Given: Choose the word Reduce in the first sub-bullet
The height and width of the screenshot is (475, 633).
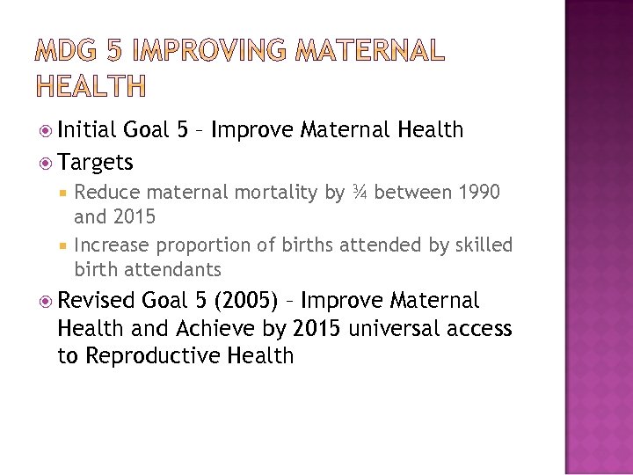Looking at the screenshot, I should click(x=107, y=192).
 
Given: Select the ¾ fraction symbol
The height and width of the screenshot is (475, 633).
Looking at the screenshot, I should click(x=360, y=192).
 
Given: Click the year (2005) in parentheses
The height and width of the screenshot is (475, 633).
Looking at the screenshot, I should click(x=239, y=302).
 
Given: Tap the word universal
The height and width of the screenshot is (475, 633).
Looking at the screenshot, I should click(x=393, y=328).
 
